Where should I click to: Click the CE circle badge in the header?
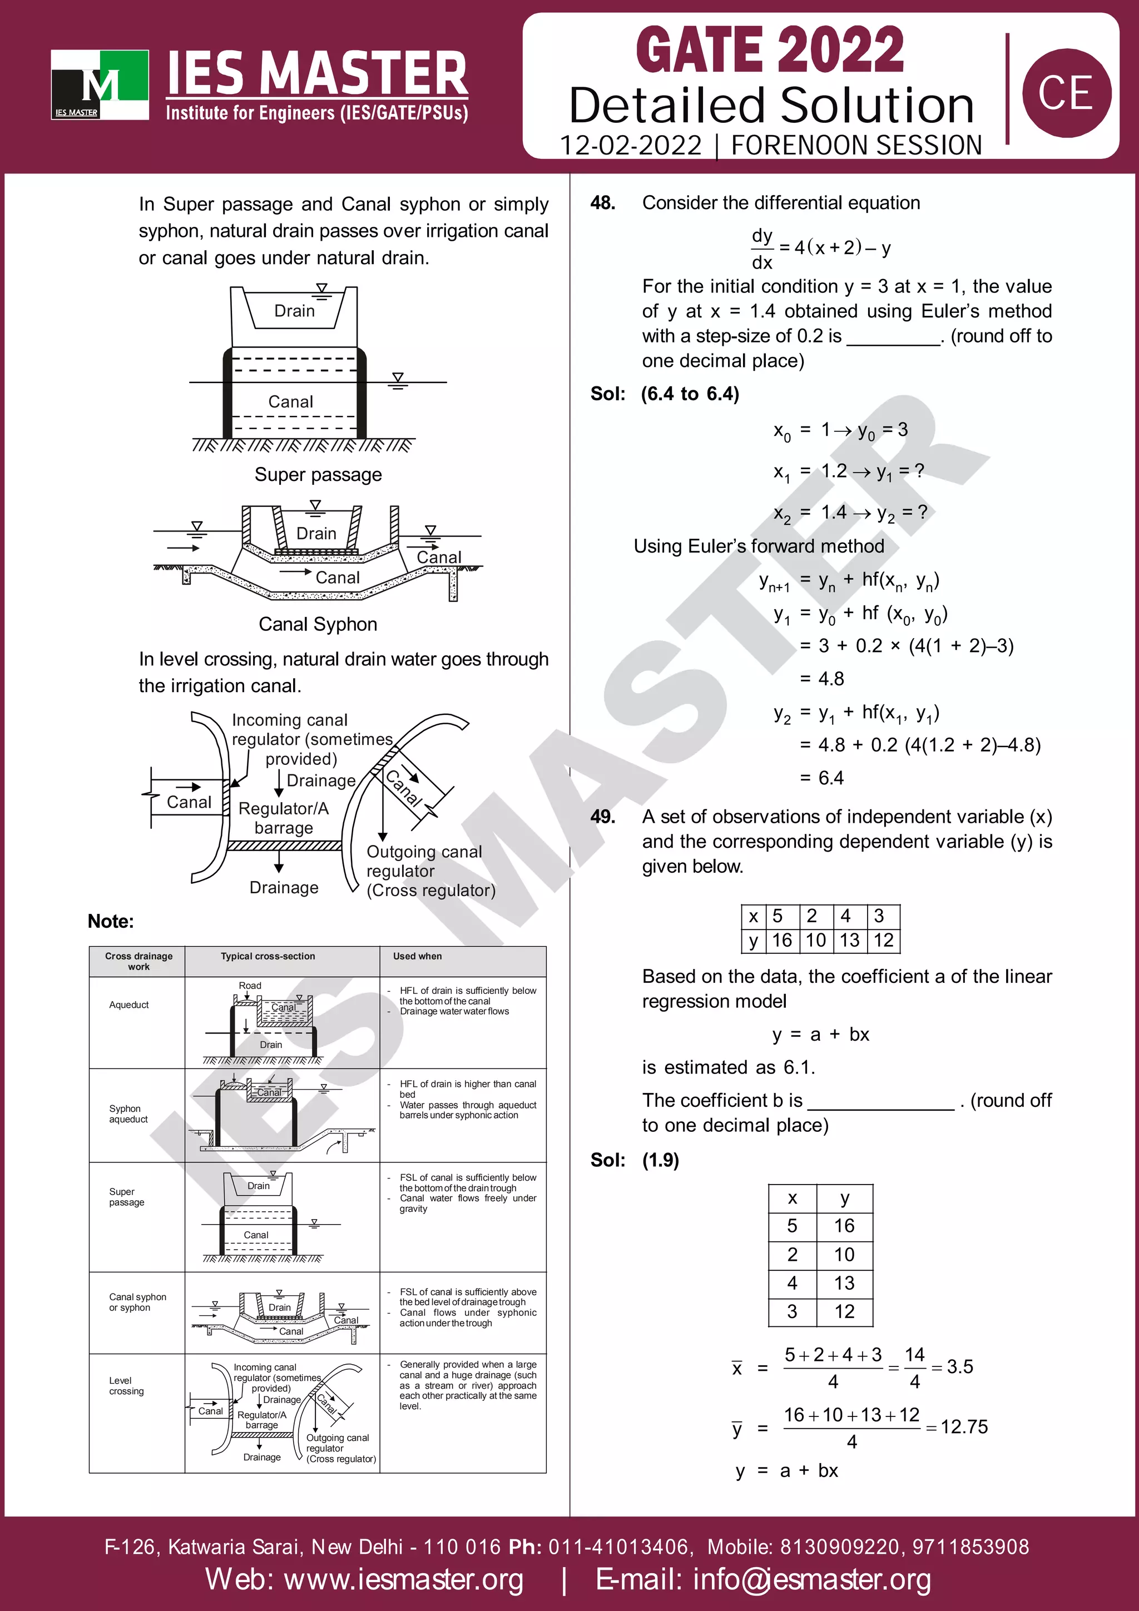click(1066, 93)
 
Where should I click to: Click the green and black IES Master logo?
click(100, 84)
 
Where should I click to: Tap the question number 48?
click(603, 203)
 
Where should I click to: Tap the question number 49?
click(603, 817)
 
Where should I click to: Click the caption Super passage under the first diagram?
click(318, 475)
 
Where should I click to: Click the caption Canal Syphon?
click(318, 624)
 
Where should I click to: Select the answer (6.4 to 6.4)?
click(690, 394)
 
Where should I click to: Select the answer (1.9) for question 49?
click(660, 1160)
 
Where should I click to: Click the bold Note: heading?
click(110, 921)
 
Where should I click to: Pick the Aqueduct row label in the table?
click(129, 1005)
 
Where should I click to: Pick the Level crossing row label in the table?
click(126, 1386)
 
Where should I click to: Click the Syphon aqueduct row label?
click(128, 1113)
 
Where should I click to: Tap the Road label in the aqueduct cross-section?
click(250, 986)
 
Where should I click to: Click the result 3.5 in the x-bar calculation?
click(959, 1367)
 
